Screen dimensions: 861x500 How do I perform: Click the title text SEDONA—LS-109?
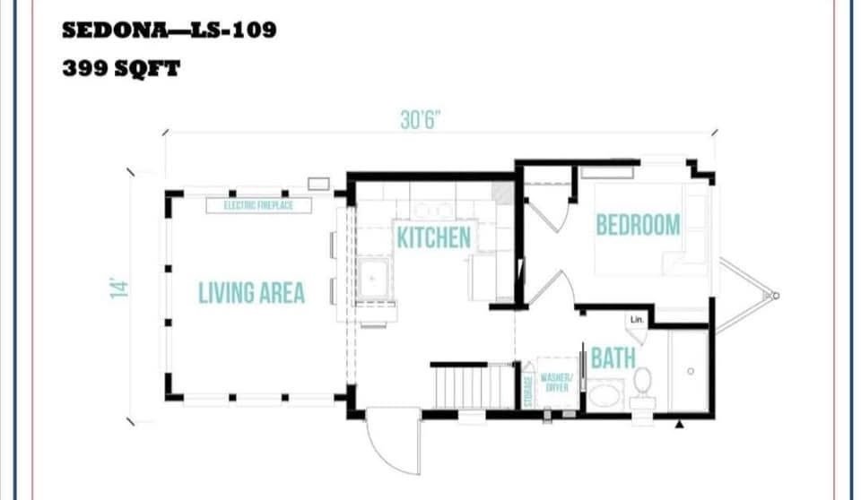(170, 30)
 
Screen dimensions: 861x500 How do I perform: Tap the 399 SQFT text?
(121, 69)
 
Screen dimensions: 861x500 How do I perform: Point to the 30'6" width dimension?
(421, 120)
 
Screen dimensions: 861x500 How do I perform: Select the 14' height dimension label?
(119, 289)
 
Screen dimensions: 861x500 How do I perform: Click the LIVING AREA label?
(251, 292)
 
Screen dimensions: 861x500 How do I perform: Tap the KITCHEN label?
(434, 237)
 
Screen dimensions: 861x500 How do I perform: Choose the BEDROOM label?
(638, 225)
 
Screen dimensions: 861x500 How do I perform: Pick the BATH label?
(613, 358)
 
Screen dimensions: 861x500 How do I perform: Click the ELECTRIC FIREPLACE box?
(258, 205)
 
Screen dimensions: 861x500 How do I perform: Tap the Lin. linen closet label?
(637, 319)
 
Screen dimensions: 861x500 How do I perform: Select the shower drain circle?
(691, 372)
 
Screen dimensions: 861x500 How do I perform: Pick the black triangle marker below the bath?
(680, 424)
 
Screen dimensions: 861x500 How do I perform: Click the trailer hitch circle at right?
(775, 296)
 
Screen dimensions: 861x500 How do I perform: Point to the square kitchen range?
(373, 279)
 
